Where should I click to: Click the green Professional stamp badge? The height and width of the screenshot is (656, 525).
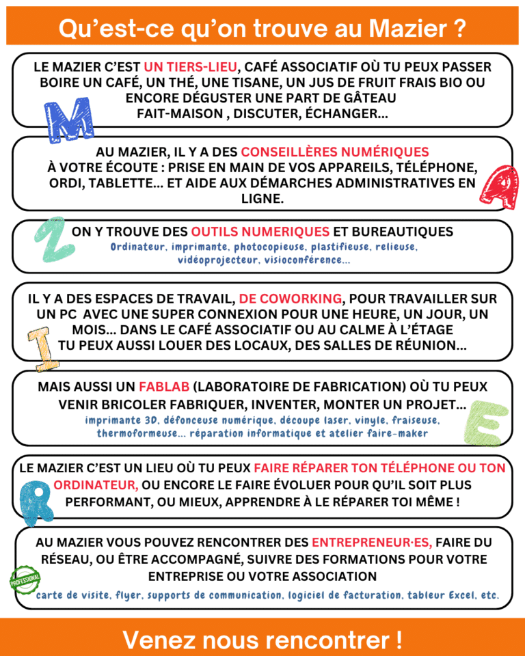coord(25,580)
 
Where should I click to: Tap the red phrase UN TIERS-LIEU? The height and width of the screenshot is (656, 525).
coord(191,67)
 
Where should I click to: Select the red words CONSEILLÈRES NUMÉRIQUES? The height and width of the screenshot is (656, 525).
coord(335,152)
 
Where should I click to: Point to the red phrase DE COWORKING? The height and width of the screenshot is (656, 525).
coord(291,299)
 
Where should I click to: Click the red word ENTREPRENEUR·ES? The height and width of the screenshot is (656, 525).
coord(372,543)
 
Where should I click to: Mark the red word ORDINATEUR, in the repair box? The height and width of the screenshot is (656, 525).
coord(96,484)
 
